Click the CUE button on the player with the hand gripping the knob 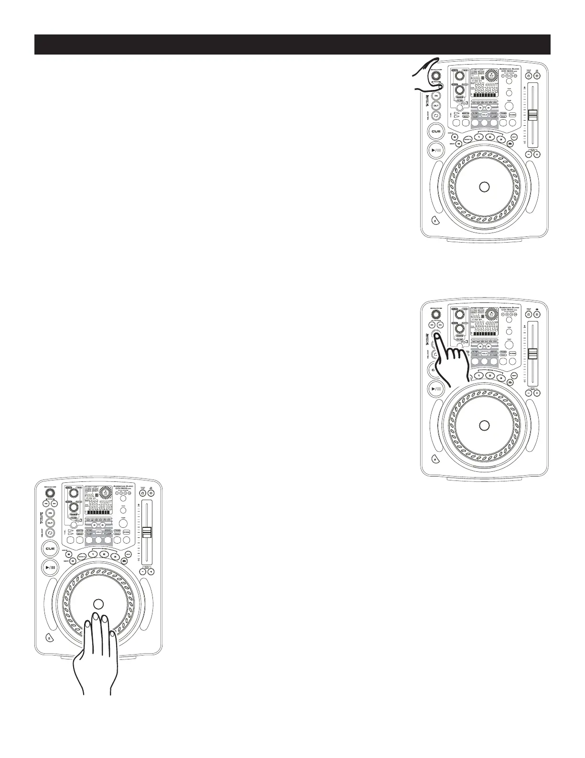tap(436, 131)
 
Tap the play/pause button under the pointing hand tap(436, 389)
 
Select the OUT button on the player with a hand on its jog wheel tap(51, 523)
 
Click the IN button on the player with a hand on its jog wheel tap(51, 513)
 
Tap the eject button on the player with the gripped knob tap(434, 221)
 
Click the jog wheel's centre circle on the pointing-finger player tap(484, 425)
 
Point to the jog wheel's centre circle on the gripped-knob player tap(484, 187)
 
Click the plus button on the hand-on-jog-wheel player tap(151, 572)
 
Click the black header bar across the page tap(292, 45)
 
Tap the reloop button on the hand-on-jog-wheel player tap(51, 533)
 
